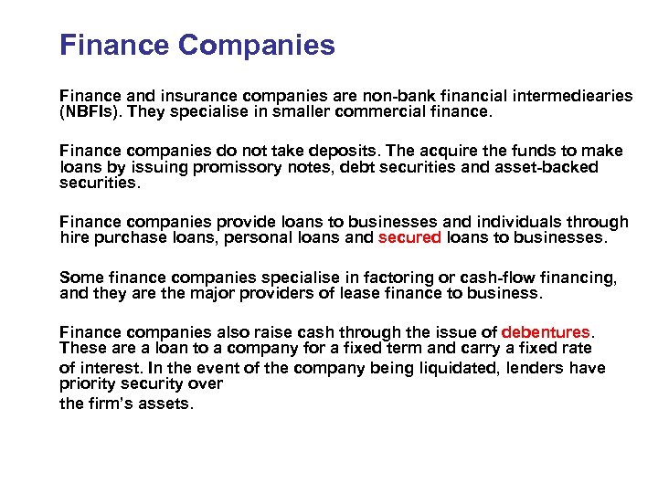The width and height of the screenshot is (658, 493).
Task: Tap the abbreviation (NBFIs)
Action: point(90,112)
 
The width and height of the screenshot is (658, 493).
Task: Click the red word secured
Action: point(409,237)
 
